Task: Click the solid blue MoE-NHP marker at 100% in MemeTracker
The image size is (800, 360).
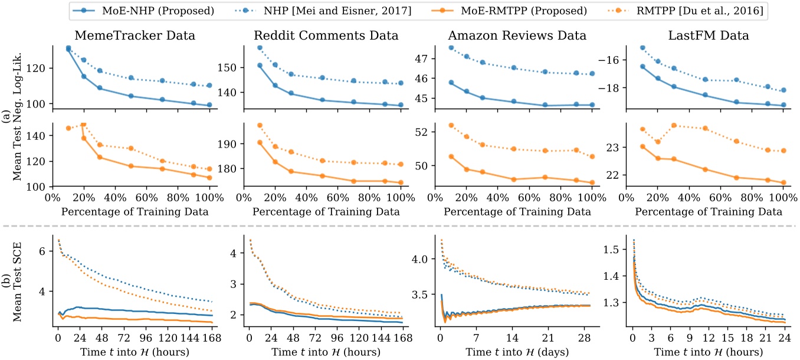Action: click(209, 105)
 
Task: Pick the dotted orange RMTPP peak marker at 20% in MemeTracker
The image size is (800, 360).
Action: click(83, 125)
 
